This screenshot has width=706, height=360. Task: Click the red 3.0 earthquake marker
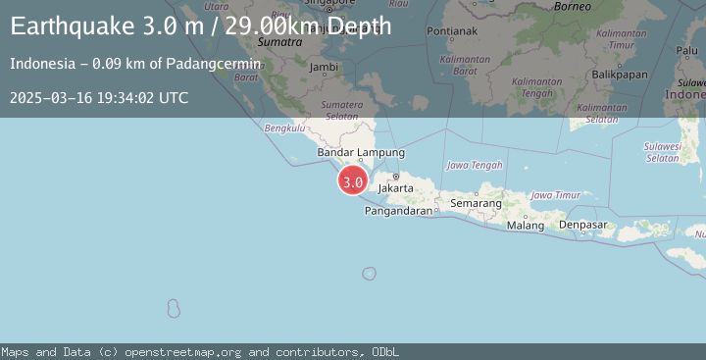tap(353, 181)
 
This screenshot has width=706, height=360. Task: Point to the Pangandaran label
tap(397, 210)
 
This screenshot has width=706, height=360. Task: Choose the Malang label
tap(526, 225)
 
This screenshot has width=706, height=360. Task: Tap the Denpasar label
tap(583, 225)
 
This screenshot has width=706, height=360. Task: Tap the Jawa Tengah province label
tap(475, 165)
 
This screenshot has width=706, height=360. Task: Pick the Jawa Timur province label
tap(555, 195)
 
